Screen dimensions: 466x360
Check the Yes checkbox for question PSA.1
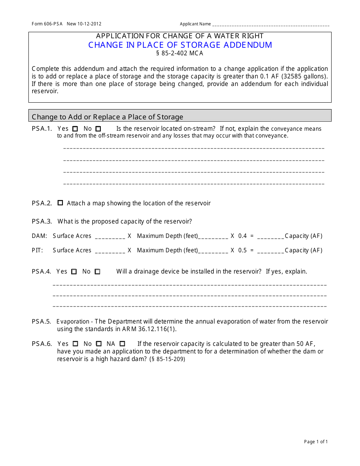75,129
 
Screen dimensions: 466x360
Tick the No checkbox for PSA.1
98,129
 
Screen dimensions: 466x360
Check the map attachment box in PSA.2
60,203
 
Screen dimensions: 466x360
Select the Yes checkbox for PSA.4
74,272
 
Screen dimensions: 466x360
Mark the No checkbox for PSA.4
97,272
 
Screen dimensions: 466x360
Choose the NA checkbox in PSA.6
122,344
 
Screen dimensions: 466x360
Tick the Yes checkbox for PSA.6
75,344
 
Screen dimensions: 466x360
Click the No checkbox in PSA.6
99,344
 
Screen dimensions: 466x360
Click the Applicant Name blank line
271,25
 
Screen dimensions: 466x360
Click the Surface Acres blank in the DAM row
110,236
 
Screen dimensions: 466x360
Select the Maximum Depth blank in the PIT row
213,251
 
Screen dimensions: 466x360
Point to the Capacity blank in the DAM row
271,236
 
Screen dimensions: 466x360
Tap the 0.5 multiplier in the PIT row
243,250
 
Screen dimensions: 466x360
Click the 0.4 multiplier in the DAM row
243,236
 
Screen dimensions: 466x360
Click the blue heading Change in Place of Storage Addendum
180,45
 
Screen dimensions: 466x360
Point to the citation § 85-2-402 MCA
180,53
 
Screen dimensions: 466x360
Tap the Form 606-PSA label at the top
48,24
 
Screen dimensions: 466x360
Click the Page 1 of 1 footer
316,442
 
